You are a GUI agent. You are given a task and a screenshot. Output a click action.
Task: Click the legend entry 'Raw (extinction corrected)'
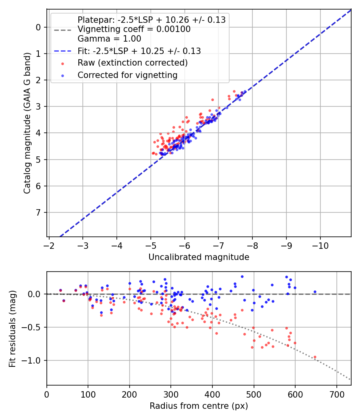(132, 63)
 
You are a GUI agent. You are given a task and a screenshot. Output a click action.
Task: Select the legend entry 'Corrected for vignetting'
(127, 75)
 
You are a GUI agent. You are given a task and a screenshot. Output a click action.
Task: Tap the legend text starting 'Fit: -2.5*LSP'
(139, 51)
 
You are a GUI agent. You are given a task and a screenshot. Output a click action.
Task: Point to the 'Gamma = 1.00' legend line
(109, 39)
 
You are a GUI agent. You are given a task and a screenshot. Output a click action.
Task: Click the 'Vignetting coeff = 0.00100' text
(134, 29)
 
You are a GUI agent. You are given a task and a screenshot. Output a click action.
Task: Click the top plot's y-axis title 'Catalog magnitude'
(27, 122)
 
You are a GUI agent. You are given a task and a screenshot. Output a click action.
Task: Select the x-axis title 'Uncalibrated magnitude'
(199, 257)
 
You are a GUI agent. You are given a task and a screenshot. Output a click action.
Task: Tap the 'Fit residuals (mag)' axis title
(12, 329)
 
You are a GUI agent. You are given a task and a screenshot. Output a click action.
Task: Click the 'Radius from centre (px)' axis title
(199, 406)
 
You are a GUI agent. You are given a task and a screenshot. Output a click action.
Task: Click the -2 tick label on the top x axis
(49, 244)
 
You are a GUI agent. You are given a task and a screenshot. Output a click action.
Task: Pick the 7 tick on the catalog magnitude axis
(39, 212)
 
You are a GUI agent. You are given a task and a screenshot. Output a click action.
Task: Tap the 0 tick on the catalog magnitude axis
(39, 27)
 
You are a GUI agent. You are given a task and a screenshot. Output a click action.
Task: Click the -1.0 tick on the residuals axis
(33, 360)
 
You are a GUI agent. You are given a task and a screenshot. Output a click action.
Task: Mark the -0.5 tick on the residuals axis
(33, 327)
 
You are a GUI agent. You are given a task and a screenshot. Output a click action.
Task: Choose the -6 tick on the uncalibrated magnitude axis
(184, 244)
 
